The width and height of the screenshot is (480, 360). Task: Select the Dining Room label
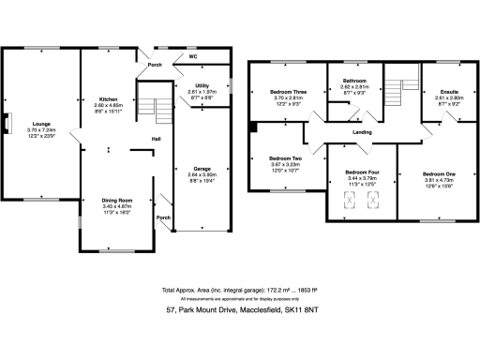[117, 201]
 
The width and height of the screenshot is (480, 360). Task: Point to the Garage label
[202, 170]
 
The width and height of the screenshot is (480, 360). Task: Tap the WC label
[192, 57]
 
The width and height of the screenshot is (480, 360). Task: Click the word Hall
[157, 141]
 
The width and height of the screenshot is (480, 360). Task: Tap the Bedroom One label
[439, 174]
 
